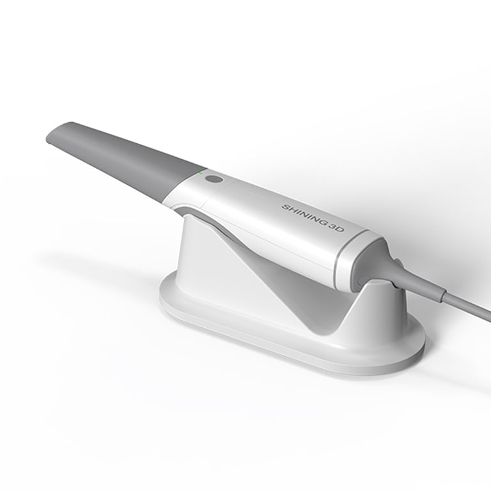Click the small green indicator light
pyautogui.click(x=200, y=171)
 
